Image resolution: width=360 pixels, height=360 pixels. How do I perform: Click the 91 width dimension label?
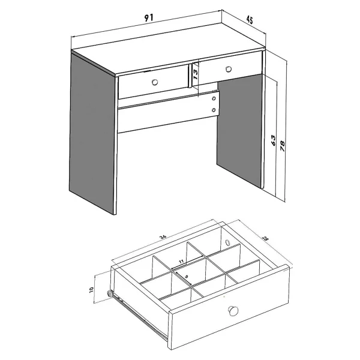(149, 17)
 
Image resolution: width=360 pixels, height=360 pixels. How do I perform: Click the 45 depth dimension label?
(250, 20)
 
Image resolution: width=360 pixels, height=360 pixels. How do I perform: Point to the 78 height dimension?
(282, 146)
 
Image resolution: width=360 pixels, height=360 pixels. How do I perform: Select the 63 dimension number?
(273, 140)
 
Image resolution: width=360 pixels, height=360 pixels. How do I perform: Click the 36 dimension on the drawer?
(163, 238)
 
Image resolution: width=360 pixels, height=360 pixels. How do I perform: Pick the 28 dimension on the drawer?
(266, 238)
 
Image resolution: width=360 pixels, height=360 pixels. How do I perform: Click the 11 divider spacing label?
(181, 261)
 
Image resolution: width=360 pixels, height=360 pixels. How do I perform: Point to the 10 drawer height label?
(91, 290)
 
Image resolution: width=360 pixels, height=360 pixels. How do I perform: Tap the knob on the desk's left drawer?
(155, 82)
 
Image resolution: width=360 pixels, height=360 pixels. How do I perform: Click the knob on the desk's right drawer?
(229, 69)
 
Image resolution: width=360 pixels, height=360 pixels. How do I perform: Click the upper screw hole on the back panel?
(214, 98)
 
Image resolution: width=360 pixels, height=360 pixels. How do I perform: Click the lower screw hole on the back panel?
(214, 110)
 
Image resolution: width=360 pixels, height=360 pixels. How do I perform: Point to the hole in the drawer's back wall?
(227, 242)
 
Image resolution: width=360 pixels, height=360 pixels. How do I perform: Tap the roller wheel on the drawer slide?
(109, 293)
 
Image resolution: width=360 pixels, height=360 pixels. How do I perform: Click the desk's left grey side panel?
(93, 134)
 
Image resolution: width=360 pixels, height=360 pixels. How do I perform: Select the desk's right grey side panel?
(239, 130)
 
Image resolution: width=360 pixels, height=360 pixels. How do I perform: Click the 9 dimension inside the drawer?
(187, 276)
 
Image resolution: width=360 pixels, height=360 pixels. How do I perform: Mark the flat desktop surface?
(168, 49)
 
